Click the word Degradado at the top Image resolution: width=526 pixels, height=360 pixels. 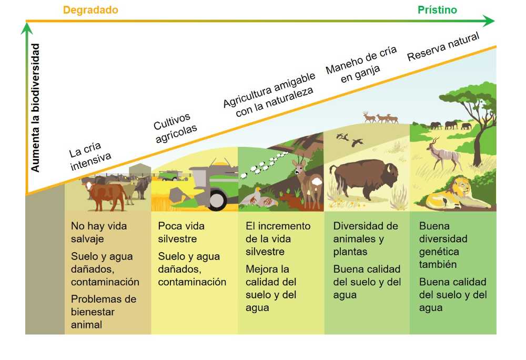tap(90, 10)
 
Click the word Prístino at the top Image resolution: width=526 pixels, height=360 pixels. tap(437, 10)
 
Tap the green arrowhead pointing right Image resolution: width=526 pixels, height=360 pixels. tap(489, 21)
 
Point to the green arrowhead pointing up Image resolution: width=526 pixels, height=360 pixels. tap(26, 28)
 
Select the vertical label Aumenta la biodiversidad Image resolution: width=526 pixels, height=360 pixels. tap(35, 108)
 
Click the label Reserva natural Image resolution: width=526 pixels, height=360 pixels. tap(443, 47)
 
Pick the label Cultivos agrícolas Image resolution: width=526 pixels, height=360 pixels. tap(175, 127)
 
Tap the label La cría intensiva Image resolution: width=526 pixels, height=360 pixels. tap(89, 156)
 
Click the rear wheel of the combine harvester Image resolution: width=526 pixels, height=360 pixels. tap(216, 199)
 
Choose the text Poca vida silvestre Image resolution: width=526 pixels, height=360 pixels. tap(181, 232)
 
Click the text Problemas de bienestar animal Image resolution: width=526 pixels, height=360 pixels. tap(104, 312)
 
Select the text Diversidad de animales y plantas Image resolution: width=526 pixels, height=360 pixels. tap(366, 238)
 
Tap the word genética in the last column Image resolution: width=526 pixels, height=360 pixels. tap(439, 252)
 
